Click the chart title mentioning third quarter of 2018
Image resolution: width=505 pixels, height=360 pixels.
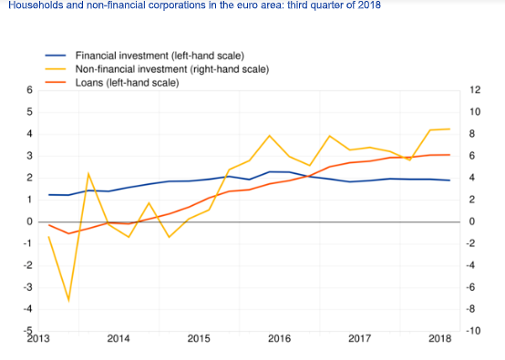pyautogui.click(x=194, y=5)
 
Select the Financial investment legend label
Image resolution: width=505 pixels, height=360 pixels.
pyautogui.click(x=160, y=56)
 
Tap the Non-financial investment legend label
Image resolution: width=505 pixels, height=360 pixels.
pyautogui.click(x=172, y=69)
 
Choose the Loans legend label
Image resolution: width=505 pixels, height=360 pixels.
pyautogui.click(x=128, y=83)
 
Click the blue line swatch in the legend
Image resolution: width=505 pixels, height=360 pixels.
pyautogui.click(x=56, y=56)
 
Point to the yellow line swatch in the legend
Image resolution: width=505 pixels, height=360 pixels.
pyautogui.click(x=56, y=69)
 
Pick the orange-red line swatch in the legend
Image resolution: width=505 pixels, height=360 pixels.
pyautogui.click(x=56, y=82)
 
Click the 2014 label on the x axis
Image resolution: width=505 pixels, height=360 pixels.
pyautogui.click(x=119, y=338)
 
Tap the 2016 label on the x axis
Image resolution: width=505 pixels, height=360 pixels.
pyautogui.click(x=279, y=338)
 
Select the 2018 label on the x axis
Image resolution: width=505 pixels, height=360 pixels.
pyautogui.click(x=439, y=338)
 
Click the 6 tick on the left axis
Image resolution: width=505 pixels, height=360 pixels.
pyautogui.click(x=30, y=90)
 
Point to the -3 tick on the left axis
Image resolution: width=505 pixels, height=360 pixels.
pyautogui.click(x=28, y=287)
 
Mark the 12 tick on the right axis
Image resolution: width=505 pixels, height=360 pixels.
pyautogui.click(x=475, y=90)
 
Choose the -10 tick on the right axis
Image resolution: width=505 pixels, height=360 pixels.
pyautogui.click(x=473, y=331)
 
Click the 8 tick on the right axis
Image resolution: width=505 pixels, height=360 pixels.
pyautogui.click(x=472, y=134)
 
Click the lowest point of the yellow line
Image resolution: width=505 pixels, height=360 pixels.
pyautogui.click(x=68, y=301)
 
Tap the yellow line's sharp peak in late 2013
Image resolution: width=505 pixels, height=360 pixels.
pyautogui.click(x=88, y=173)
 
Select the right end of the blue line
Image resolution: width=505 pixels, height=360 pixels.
pyautogui.click(x=449, y=180)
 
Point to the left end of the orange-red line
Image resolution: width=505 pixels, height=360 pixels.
pyautogui.click(x=49, y=225)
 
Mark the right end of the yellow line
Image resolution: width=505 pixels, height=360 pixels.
pyautogui.click(x=449, y=129)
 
